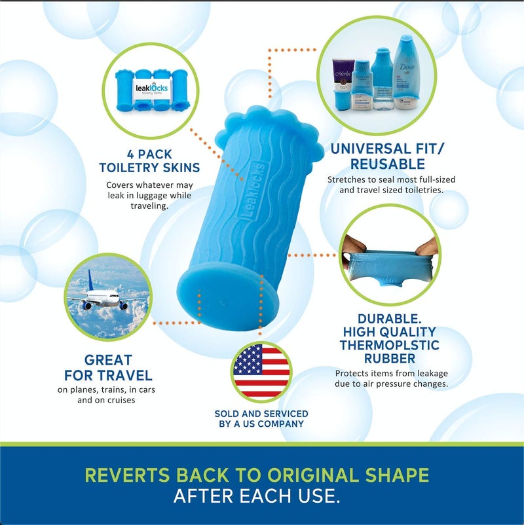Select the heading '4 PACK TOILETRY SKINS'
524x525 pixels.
point(149,161)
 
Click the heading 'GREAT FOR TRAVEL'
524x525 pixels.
point(108,368)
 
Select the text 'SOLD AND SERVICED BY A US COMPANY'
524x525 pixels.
point(261,418)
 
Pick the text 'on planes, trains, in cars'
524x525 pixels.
point(105,389)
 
